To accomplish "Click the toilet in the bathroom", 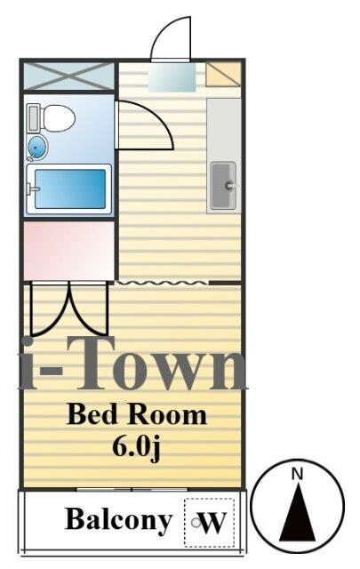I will click(56, 117).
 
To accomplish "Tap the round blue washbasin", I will click(38, 146).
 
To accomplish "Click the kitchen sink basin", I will click(223, 186).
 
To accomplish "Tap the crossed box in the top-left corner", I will click(68, 76).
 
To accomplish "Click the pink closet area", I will click(68, 250).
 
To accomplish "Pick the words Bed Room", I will click(137, 414).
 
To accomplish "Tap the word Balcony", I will click(118, 520).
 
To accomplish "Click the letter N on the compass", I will click(299, 472).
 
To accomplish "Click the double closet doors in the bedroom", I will click(68, 309).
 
